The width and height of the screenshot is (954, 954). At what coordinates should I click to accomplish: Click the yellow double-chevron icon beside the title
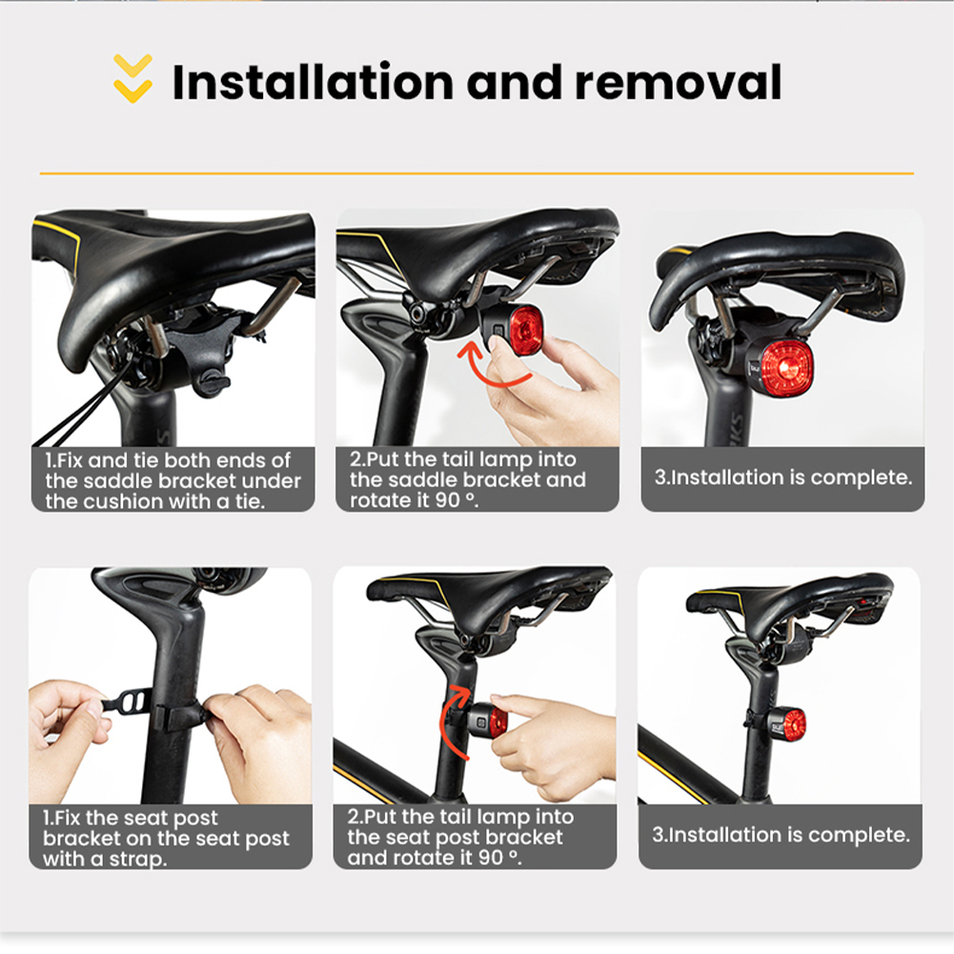pyautogui.click(x=132, y=78)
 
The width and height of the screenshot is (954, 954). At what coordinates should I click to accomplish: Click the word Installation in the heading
pyautogui.click(x=314, y=82)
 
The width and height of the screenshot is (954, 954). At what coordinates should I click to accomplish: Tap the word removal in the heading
pyautogui.click(x=678, y=82)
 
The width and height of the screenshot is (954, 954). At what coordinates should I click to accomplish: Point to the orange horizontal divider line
pyautogui.click(x=477, y=173)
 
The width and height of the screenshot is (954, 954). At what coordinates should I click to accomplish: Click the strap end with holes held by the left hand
pyautogui.click(x=127, y=702)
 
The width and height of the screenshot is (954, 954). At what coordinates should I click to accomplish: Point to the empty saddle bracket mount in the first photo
pyautogui.click(x=204, y=353)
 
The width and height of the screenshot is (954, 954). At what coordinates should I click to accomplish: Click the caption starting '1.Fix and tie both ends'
pyautogui.click(x=173, y=480)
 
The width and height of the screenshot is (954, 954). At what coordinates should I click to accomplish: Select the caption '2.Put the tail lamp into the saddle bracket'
pyautogui.click(x=467, y=479)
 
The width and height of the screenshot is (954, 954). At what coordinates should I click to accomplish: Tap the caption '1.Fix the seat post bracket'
pyautogui.click(x=166, y=838)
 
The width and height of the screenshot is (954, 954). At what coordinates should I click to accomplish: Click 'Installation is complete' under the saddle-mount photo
pyautogui.click(x=783, y=477)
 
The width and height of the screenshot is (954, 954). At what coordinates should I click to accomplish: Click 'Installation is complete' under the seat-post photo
pyautogui.click(x=781, y=835)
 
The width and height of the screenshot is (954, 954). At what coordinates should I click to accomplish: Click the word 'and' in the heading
pyautogui.click(x=514, y=82)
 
